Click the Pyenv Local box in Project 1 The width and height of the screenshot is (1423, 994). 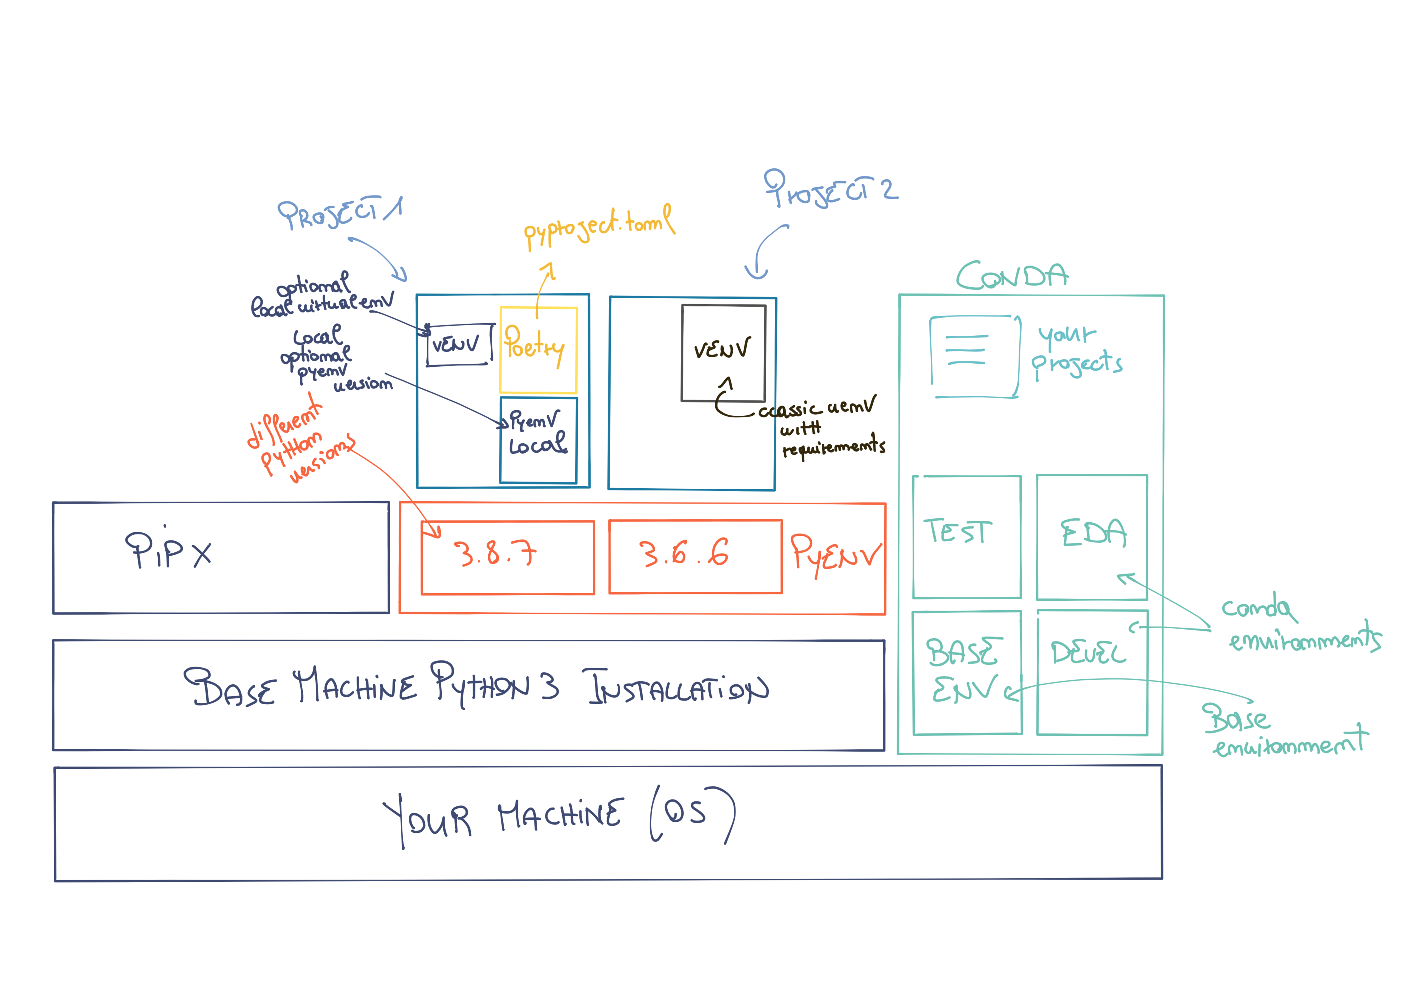pyautogui.click(x=538, y=439)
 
